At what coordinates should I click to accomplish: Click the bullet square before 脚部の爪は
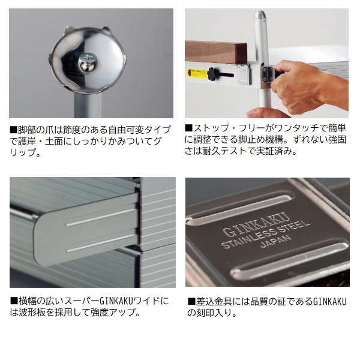pyautogui.click(x=13, y=130)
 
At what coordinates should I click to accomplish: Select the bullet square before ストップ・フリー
pyautogui.click(x=188, y=128)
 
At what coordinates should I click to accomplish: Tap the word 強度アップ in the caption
pyautogui.click(x=115, y=313)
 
